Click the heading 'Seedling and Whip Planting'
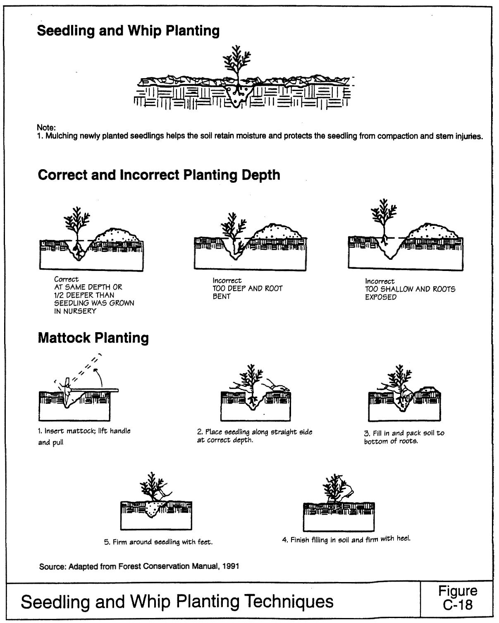(x=128, y=31)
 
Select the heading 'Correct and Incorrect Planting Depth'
(x=159, y=175)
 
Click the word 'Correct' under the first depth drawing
(x=66, y=280)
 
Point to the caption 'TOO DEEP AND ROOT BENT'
(x=247, y=292)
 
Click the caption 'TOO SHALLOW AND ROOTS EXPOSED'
(x=410, y=293)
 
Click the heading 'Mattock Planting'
(x=93, y=338)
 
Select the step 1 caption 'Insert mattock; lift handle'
(x=84, y=431)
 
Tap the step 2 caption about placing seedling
(x=254, y=436)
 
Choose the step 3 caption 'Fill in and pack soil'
(x=404, y=437)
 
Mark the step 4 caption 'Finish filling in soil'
(x=346, y=539)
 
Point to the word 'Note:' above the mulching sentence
(x=46, y=128)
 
